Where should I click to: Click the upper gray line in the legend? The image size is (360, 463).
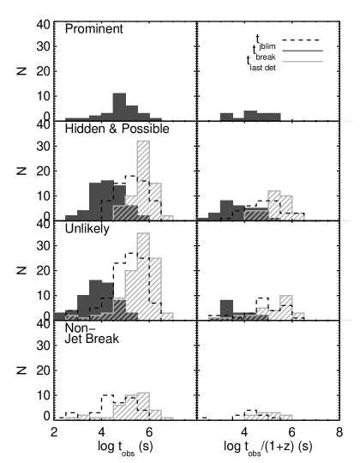(x=303, y=51)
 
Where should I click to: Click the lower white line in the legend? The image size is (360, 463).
(x=303, y=62)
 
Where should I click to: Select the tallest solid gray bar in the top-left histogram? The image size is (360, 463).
(x=119, y=105)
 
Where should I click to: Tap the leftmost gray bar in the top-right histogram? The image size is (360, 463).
(x=226, y=116)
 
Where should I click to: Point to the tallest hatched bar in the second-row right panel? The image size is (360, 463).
(x=274, y=205)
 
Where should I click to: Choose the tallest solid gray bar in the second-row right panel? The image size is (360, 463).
(x=226, y=209)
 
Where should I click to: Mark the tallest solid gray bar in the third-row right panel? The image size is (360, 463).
(x=226, y=308)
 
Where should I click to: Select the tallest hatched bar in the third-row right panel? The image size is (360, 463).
(x=286, y=307)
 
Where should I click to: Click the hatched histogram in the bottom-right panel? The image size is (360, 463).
(x=268, y=416)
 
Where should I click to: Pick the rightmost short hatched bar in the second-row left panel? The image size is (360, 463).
(x=167, y=218)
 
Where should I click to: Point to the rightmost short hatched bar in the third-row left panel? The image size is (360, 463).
(x=167, y=316)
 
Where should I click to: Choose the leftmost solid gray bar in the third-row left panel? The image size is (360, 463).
(x=59, y=316)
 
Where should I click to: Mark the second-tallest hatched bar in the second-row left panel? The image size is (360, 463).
(x=155, y=201)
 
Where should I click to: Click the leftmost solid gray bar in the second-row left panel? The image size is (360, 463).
(x=71, y=218)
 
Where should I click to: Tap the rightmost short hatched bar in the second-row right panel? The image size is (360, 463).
(x=298, y=217)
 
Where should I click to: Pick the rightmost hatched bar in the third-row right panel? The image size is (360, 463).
(x=298, y=316)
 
